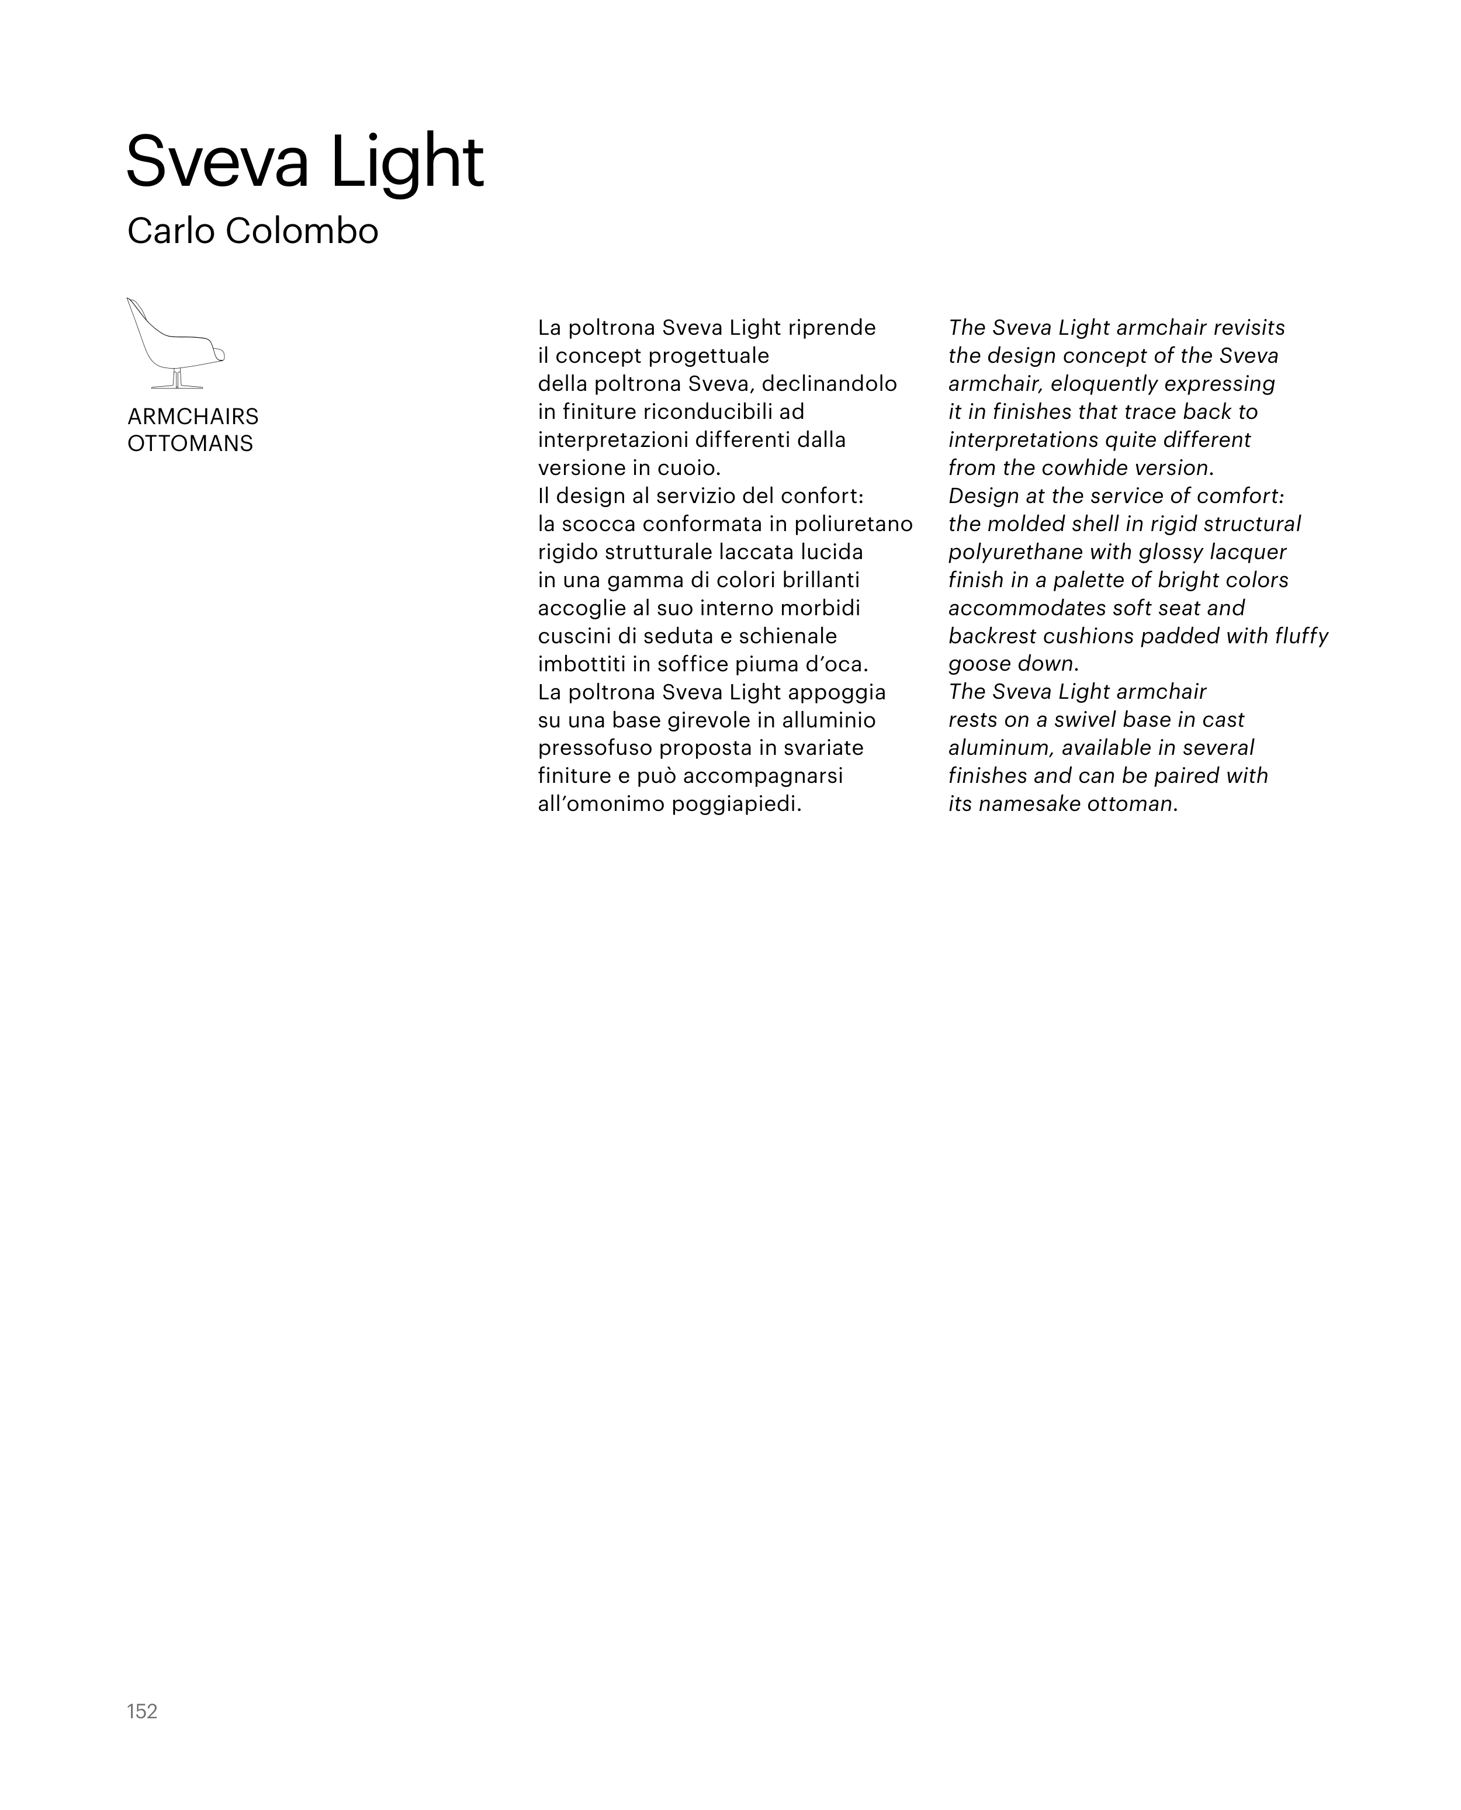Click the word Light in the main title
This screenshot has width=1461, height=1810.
click(407, 162)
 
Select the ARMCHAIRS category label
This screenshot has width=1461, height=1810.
click(193, 417)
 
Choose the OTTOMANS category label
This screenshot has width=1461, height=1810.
click(190, 443)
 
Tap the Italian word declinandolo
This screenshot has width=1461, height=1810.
click(829, 384)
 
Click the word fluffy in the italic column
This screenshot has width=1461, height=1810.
click(1301, 636)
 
